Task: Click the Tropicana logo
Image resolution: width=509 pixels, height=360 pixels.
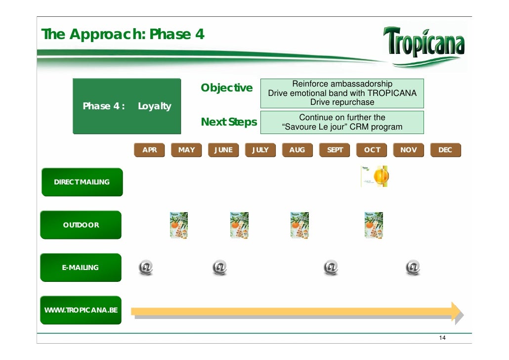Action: [424, 43]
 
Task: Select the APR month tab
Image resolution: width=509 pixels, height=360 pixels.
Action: [149, 150]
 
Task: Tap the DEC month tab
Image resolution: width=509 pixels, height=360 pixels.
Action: [445, 150]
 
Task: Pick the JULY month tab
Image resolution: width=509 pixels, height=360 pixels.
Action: [260, 150]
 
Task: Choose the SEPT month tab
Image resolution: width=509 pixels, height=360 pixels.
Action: [335, 150]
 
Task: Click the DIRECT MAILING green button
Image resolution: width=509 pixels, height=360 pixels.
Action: [82, 182]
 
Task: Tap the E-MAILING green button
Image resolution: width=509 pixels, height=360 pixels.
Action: [80, 268]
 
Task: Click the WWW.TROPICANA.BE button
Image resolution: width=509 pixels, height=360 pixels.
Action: [81, 311]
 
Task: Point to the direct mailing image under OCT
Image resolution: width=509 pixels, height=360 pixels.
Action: [375, 177]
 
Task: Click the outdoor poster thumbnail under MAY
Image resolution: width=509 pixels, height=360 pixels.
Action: [179, 225]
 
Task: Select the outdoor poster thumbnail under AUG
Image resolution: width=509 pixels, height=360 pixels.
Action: [299, 225]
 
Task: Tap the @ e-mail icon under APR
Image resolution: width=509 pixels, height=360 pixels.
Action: [146, 268]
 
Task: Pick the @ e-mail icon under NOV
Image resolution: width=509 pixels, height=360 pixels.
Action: [413, 268]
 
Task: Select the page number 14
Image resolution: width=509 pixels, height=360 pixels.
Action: [442, 338]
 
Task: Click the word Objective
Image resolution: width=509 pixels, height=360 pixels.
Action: [226, 88]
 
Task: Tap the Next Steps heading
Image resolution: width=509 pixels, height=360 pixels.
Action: [229, 122]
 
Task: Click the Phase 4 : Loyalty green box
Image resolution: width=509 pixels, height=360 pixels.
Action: [127, 106]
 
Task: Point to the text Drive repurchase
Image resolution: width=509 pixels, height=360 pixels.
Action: [342, 102]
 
